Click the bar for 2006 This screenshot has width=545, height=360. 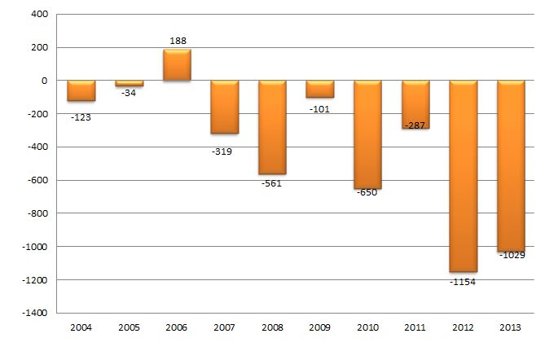pyautogui.click(x=177, y=65)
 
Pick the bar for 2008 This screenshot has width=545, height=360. pyautogui.click(x=272, y=127)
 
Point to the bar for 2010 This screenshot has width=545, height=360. pyautogui.click(x=367, y=134)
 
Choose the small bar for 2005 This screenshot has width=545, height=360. pyautogui.click(x=129, y=84)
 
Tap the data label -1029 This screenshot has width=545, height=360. pyautogui.click(x=512, y=255)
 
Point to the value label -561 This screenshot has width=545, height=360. pyautogui.click(x=271, y=183)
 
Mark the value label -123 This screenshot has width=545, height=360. pyautogui.click(x=80, y=117)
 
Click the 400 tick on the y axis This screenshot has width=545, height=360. pyautogui.click(x=38, y=15)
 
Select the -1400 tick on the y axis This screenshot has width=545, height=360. pyautogui.click(x=33, y=313)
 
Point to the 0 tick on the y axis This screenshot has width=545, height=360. pyautogui.click(x=45, y=81)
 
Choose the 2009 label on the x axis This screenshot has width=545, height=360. pyautogui.click(x=319, y=327)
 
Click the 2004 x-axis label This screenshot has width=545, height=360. pyautogui.click(x=81, y=327)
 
